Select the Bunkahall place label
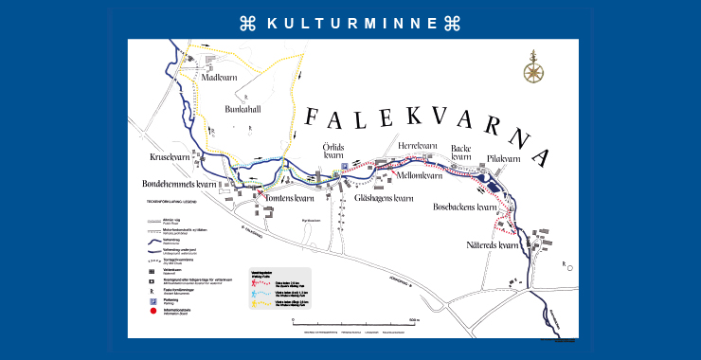243,110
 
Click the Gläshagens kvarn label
385,198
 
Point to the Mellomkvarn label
420,175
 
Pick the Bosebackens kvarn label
465,207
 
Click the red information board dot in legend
152,309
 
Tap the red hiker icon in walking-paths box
256,282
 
